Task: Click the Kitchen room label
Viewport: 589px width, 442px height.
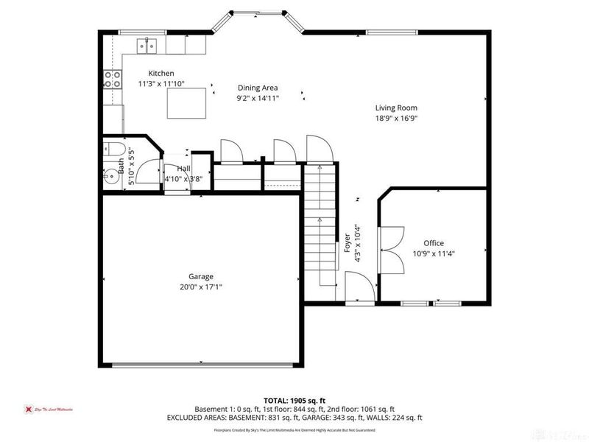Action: (x=161, y=73)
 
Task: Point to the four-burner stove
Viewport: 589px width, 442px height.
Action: (x=112, y=79)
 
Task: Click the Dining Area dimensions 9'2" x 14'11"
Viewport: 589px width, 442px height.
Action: (x=257, y=98)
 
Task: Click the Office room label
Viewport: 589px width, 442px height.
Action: (x=434, y=243)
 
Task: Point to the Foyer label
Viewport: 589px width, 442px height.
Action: (x=348, y=244)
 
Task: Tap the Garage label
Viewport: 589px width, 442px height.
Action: (x=200, y=276)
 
